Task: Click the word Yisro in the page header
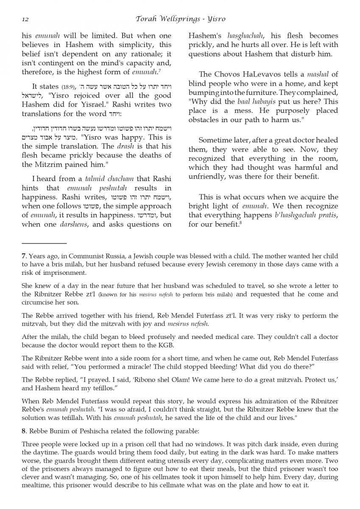click(x=215, y=19)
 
